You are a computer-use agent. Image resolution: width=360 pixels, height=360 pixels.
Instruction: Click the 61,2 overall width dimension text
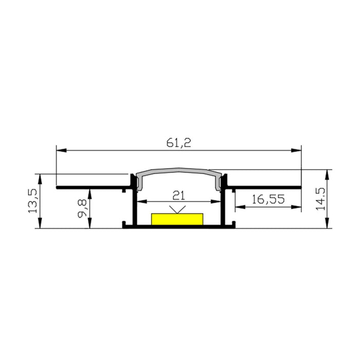(178, 143)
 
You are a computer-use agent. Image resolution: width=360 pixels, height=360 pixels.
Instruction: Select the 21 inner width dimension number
(178, 195)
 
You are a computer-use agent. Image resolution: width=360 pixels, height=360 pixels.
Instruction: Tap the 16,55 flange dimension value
(268, 200)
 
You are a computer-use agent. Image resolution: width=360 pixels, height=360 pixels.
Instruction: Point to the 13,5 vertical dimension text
(32, 201)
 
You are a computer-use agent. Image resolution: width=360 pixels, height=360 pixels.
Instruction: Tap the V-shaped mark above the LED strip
(178, 209)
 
